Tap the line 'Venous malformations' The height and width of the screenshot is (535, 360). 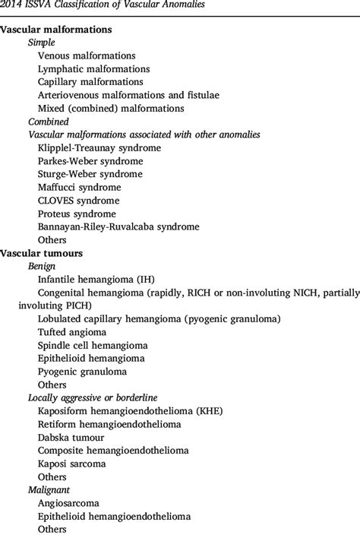tap(87, 55)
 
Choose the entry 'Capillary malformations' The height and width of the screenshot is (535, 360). tap(90, 81)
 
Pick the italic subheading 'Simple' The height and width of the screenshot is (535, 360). tap(43, 43)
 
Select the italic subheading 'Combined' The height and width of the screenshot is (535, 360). tap(49, 122)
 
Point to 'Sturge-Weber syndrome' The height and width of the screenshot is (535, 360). tap(89, 174)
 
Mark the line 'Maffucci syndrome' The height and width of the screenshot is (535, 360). tap(80, 187)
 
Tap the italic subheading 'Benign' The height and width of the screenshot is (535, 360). tap(43, 267)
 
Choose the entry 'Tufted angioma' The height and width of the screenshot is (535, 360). tap(72, 332)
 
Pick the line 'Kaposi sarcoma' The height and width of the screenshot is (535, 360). tap(72, 464)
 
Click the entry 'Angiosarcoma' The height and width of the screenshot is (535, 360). tap(68, 503)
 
